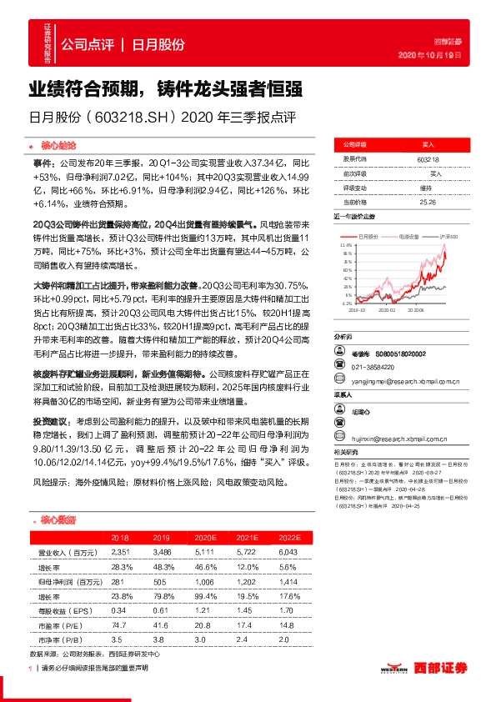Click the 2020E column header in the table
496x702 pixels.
tap(201, 539)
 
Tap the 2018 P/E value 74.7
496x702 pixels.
tap(118, 624)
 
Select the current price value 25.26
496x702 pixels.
tap(428, 201)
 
